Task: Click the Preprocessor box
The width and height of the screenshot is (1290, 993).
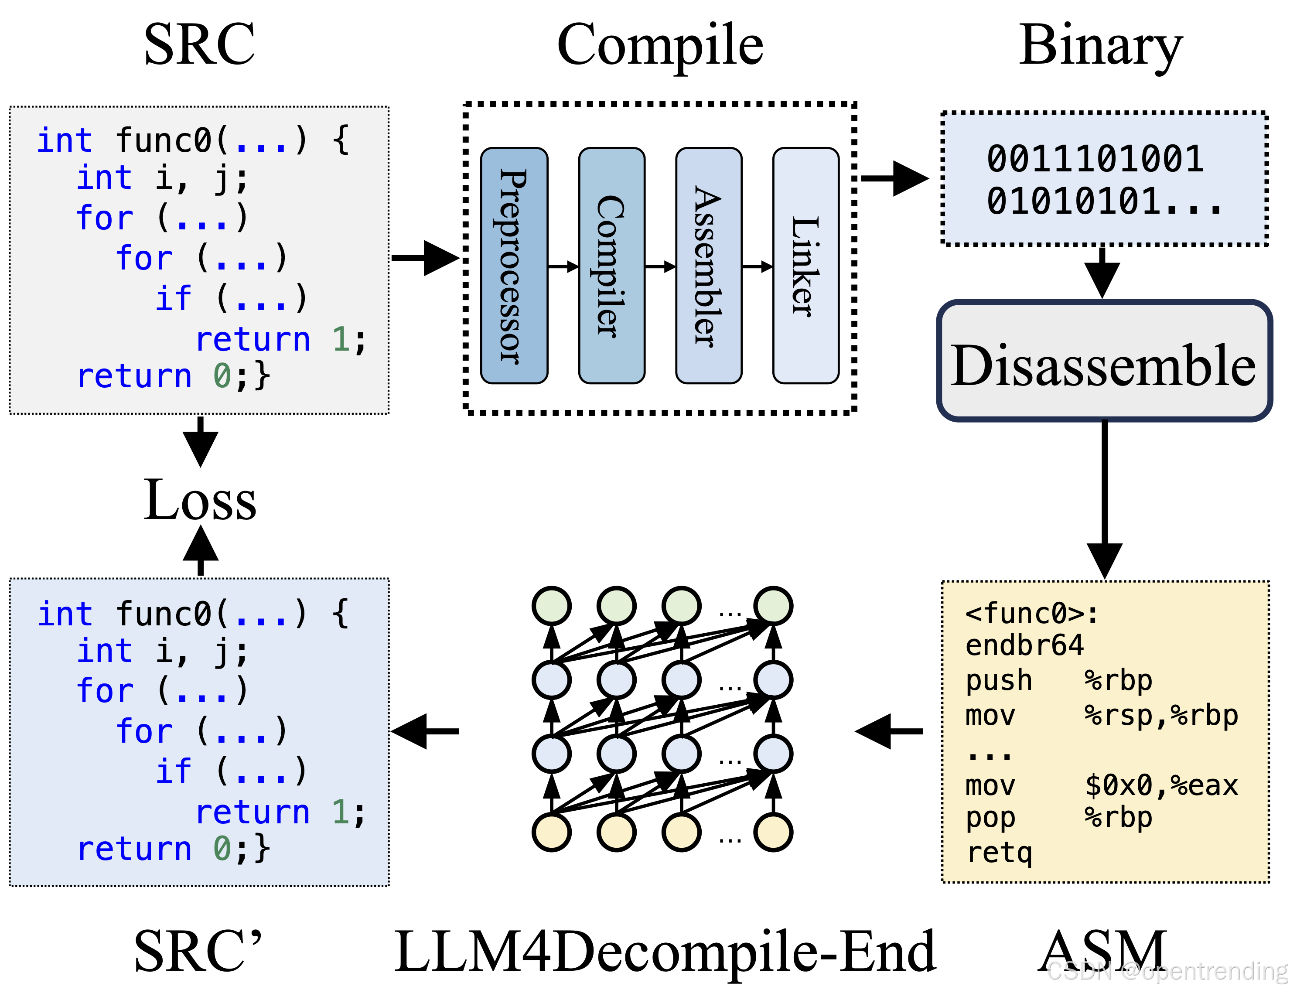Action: pyautogui.click(x=514, y=266)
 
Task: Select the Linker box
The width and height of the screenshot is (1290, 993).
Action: pyautogui.click(x=805, y=266)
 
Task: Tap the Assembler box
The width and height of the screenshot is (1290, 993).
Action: pyautogui.click(x=709, y=266)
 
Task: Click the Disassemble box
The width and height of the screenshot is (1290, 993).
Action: pyautogui.click(x=1104, y=361)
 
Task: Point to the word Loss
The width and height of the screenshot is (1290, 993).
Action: pyautogui.click(x=200, y=500)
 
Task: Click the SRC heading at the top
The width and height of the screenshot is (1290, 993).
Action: pyautogui.click(x=200, y=44)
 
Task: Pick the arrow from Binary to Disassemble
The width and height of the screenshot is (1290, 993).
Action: pyautogui.click(x=1102, y=272)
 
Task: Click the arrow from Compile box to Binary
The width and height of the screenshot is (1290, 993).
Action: pyautogui.click(x=894, y=178)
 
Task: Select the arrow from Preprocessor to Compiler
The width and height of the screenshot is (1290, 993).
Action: pyautogui.click(x=563, y=266)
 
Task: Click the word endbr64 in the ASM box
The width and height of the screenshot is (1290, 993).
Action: pyautogui.click(x=1024, y=645)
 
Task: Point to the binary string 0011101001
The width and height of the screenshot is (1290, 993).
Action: pyautogui.click(x=1095, y=158)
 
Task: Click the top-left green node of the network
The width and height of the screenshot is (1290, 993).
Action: pyautogui.click(x=552, y=605)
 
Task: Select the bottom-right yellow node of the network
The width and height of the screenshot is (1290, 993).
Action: pyautogui.click(x=773, y=832)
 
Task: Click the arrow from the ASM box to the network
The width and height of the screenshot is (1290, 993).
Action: pyautogui.click(x=888, y=731)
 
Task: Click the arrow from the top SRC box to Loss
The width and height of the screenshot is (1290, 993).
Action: pyautogui.click(x=200, y=442)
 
